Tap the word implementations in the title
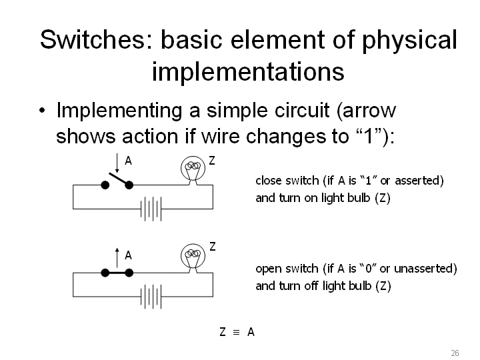248,71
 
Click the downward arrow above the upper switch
117,163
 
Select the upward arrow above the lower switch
117,257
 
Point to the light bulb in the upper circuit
193,171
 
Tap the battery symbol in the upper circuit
151,209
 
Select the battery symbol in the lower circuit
151,297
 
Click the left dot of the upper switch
105,185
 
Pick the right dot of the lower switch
129,273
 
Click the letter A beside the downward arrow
128,161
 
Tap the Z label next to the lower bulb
213,247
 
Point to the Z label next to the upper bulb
212,161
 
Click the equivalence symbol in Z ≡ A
236,332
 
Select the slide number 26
455,353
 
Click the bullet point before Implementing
42,111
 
